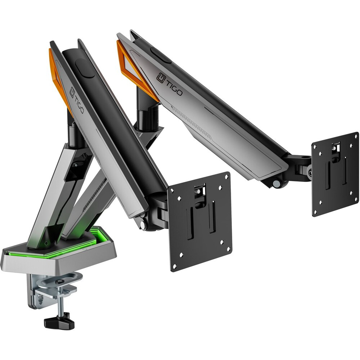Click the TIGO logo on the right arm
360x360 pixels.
coord(170,84)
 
